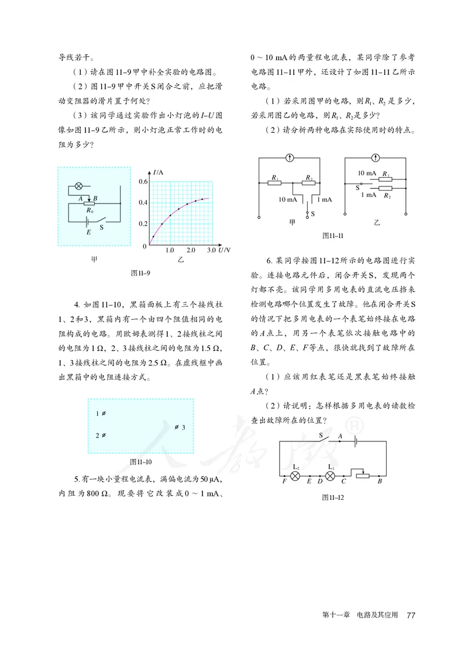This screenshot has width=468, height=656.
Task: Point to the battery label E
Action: (88, 232)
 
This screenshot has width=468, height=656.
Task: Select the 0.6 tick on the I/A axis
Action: (143, 182)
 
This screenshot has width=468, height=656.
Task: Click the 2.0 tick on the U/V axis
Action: (191, 250)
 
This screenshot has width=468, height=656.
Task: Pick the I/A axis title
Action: (158, 172)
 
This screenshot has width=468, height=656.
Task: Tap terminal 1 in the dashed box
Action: (101, 414)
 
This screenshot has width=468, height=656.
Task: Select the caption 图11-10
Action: (141, 461)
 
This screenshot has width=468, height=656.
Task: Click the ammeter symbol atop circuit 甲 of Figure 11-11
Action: (290, 158)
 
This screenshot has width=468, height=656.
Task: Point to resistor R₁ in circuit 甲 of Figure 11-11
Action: (275, 182)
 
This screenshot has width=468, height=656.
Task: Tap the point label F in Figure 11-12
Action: (284, 482)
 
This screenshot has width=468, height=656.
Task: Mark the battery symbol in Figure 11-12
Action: (356, 443)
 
